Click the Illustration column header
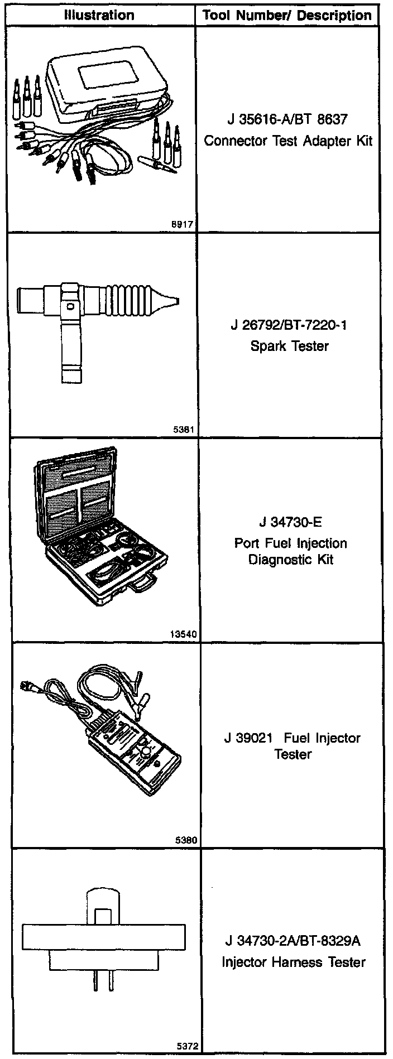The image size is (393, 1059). point(99,15)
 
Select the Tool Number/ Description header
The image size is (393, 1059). point(287,15)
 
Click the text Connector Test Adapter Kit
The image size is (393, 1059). point(288,140)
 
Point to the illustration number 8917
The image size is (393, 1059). point(184,224)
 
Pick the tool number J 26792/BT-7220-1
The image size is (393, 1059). point(289,324)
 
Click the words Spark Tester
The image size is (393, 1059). point(289,345)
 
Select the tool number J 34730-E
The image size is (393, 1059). point(290,522)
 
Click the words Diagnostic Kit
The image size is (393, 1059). point(290,559)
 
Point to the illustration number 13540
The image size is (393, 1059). point(181,634)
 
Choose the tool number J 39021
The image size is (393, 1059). point(248,738)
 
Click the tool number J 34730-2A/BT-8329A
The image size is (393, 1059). point(293,941)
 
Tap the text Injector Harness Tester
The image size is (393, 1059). point(293,962)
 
